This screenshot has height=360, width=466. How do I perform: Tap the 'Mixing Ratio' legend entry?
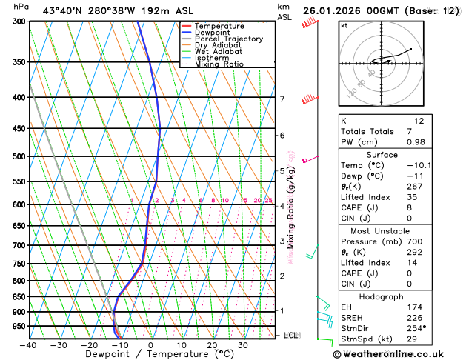(219, 64)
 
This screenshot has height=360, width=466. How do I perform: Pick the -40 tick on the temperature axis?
(28, 344)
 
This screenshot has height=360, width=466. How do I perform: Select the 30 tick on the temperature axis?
(242, 344)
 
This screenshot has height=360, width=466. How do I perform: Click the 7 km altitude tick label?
(282, 99)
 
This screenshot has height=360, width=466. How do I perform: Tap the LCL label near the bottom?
(290, 336)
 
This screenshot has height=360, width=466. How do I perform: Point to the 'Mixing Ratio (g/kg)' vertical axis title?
(291, 200)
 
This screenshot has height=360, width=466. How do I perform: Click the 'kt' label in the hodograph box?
(344, 25)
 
